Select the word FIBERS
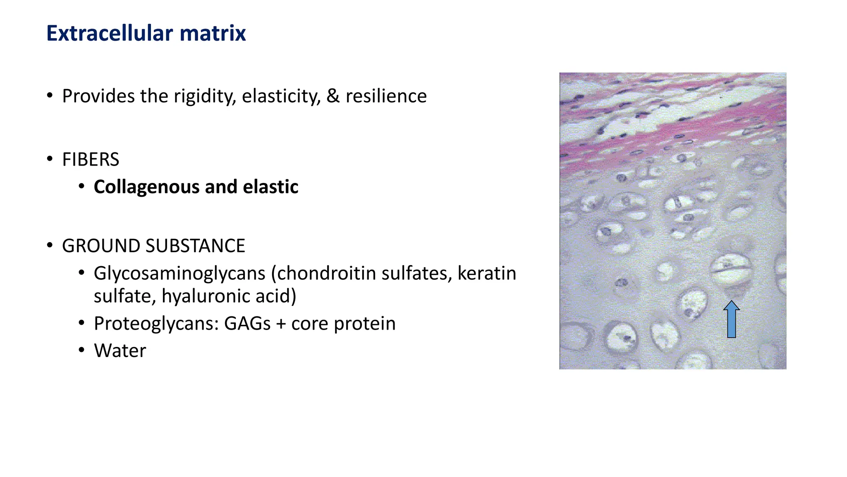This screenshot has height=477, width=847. pyautogui.click(x=91, y=160)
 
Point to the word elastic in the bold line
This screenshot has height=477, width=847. pyautogui.click(x=270, y=187)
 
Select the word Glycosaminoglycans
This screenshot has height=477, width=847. pyautogui.click(x=179, y=274)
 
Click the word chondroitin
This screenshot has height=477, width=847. pyautogui.click(x=325, y=274)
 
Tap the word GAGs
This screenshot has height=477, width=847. pyautogui.click(x=247, y=323)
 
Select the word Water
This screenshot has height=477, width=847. pyautogui.click(x=120, y=351)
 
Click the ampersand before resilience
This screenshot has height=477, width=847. pyautogui.click(x=333, y=96)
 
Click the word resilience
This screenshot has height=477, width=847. pyautogui.click(x=386, y=96)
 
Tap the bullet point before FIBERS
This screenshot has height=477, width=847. pyautogui.click(x=50, y=159)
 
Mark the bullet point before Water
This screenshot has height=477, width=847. pyautogui.click(x=82, y=350)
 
